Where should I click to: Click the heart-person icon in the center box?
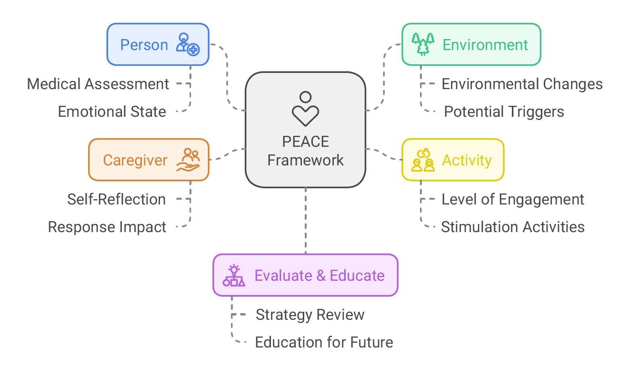(305, 109)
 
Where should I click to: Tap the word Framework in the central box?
(305, 160)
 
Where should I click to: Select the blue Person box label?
(144, 45)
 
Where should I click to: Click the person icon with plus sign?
(188, 44)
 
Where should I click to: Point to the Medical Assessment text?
(98, 84)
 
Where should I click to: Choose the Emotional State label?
(112, 112)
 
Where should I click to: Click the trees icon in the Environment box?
(422, 44)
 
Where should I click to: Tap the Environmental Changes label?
(522, 84)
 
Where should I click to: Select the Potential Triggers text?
(504, 112)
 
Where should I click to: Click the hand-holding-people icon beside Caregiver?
(189, 160)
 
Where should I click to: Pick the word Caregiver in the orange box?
(135, 160)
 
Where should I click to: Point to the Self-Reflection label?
(116, 199)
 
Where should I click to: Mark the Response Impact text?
(107, 227)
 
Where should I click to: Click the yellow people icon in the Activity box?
(423, 160)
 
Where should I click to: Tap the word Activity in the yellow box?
(467, 160)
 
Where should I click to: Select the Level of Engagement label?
(512, 199)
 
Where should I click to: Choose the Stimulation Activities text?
(512, 227)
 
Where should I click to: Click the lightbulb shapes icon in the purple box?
(234, 275)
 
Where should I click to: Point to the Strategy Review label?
(310, 315)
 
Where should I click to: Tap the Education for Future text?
(324, 342)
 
